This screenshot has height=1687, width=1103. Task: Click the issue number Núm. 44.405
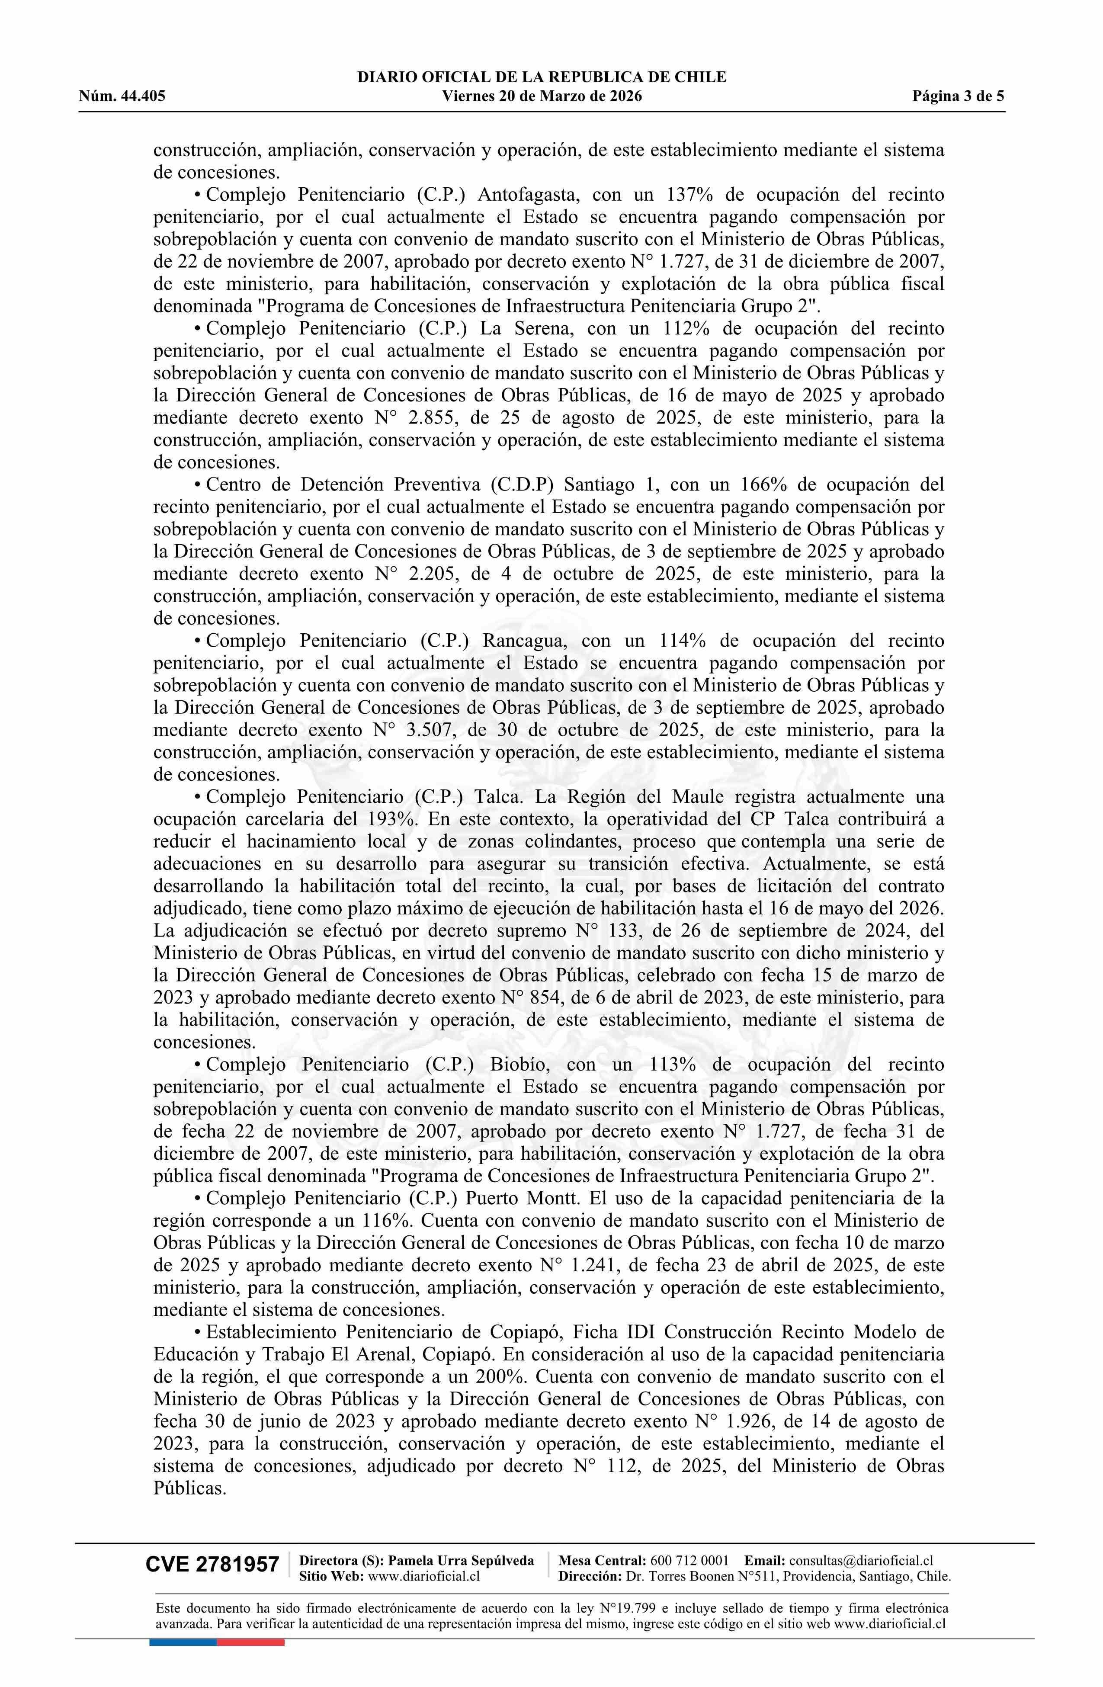(x=122, y=96)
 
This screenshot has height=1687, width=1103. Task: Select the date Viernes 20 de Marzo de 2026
(x=542, y=96)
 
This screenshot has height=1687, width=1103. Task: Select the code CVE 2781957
(x=212, y=1565)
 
